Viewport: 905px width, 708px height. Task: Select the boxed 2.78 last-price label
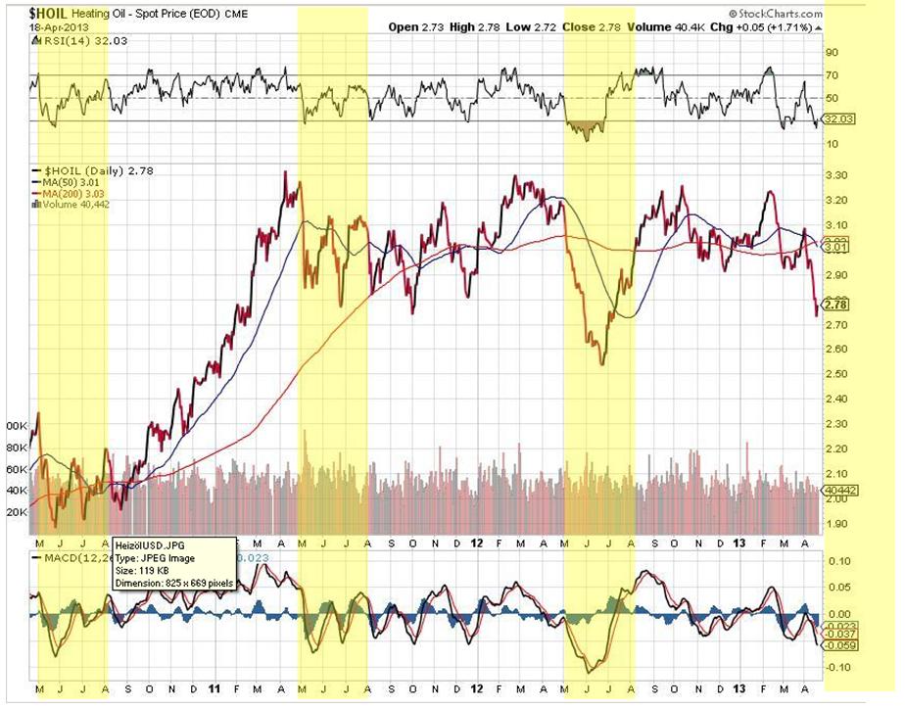pyautogui.click(x=837, y=305)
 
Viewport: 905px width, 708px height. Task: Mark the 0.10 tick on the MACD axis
pyautogui.click(x=839, y=561)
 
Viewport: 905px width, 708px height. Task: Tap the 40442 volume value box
pyautogui.click(x=840, y=488)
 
